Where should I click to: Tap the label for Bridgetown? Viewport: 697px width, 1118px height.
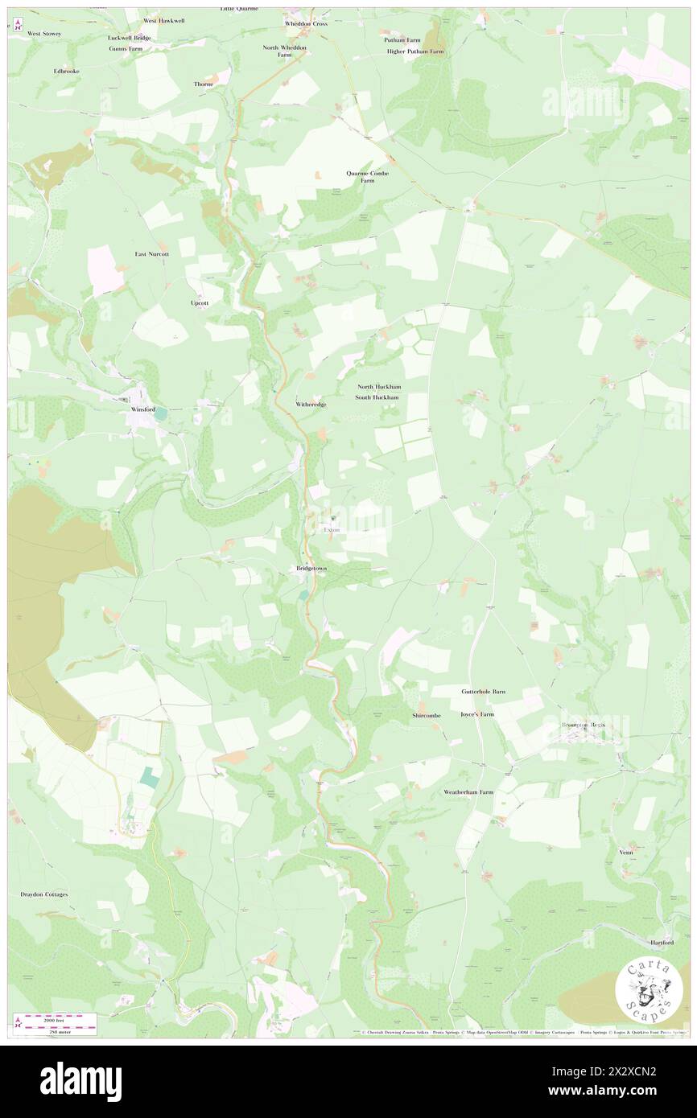point(310,569)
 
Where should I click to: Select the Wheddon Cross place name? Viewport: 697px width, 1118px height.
point(306,24)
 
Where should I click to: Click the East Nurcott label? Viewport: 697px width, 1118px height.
point(151,253)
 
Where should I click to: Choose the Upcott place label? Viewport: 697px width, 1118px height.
point(200,303)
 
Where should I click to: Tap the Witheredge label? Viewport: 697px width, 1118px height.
point(311,404)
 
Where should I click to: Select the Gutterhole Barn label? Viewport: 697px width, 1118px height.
point(483,691)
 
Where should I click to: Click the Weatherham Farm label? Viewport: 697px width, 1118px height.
point(468,791)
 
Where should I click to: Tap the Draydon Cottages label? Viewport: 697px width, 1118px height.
point(44,894)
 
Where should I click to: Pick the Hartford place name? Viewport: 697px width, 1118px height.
point(662,941)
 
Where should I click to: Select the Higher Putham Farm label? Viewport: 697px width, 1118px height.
point(414,51)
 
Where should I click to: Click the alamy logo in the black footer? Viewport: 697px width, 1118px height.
point(80,1081)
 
